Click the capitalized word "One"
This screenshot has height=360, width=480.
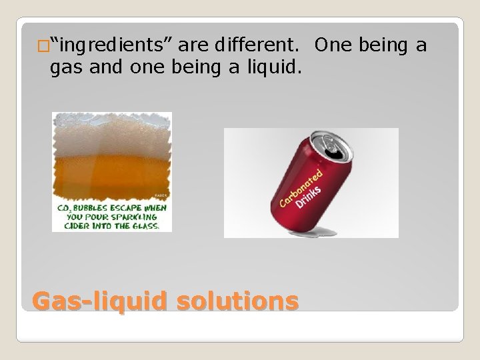coord(336,46)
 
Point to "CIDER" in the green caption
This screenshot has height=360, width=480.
coord(77,225)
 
